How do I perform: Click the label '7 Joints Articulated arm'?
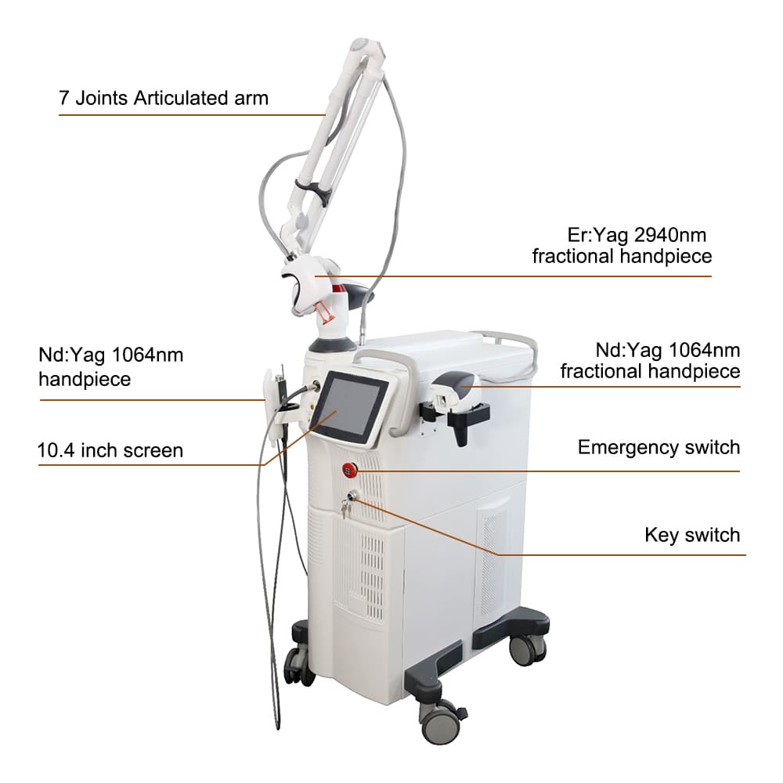(x=163, y=99)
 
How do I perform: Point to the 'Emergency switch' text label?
(x=659, y=447)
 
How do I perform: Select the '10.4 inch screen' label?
(x=110, y=450)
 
